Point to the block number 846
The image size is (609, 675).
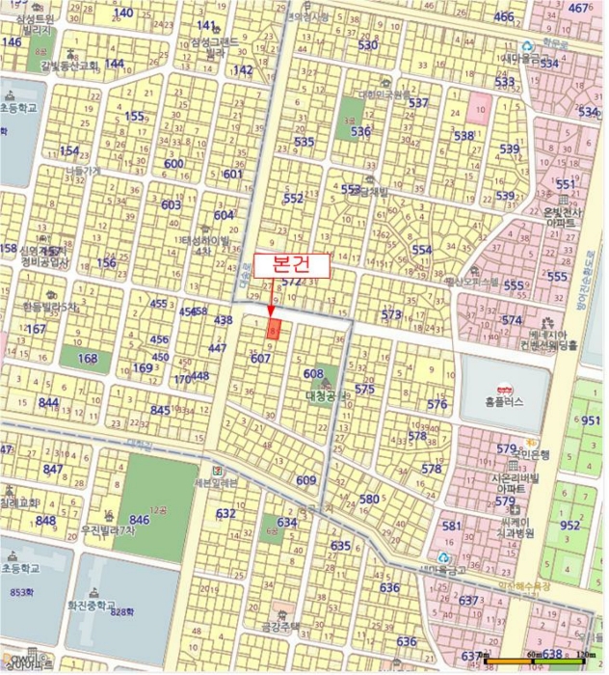point(139,520)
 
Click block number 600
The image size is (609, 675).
point(173,164)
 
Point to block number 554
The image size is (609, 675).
point(422,249)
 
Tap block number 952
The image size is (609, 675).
point(571,525)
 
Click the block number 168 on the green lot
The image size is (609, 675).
point(88,359)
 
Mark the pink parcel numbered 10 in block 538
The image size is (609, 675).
point(479,109)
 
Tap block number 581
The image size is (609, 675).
point(451,526)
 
